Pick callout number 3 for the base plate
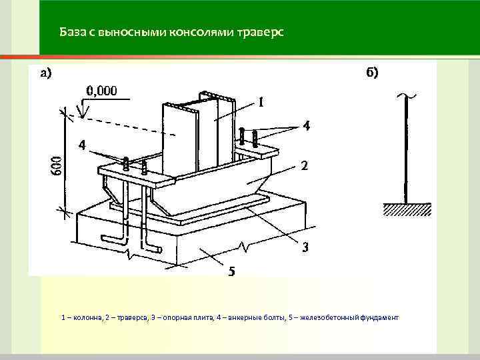tap(305, 247)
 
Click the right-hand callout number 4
tap(307, 126)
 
